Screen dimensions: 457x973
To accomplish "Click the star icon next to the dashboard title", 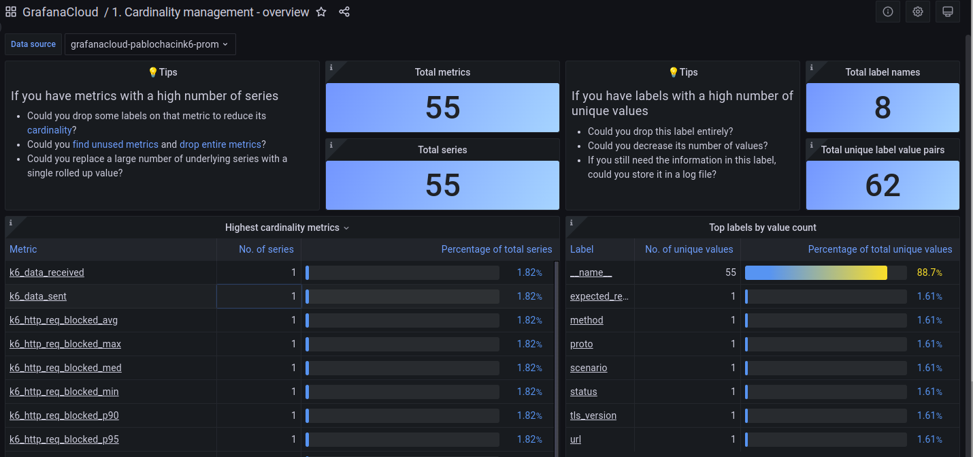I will (x=321, y=12).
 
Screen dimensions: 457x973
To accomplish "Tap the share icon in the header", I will (x=344, y=12).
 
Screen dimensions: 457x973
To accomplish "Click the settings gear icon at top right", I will (x=918, y=12).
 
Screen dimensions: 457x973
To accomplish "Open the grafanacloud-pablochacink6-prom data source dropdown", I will (x=150, y=44).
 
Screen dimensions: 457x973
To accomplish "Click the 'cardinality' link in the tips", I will (x=49, y=130).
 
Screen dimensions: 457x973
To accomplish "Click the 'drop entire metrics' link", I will (x=220, y=144).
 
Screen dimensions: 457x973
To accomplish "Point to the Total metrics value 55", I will (x=443, y=108).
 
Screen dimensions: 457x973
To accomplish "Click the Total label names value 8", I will (x=883, y=108).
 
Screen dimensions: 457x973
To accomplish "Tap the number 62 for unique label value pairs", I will (x=883, y=185).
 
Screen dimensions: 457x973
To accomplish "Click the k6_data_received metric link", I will (x=47, y=272).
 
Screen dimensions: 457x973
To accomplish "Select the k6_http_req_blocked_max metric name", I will (x=65, y=344).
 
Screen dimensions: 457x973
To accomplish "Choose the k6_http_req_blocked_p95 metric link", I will (x=64, y=439).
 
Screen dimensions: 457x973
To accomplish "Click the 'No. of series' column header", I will (x=266, y=249).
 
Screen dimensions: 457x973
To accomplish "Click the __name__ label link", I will (x=591, y=272).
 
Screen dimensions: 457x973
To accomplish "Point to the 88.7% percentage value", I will (x=929, y=272).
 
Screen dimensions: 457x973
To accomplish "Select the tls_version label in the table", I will (x=593, y=415).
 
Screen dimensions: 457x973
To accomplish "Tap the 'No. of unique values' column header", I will (x=689, y=249).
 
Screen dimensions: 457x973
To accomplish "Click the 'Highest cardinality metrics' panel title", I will (x=282, y=227).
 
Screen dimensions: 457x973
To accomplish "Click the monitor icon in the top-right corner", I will (x=948, y=12).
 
